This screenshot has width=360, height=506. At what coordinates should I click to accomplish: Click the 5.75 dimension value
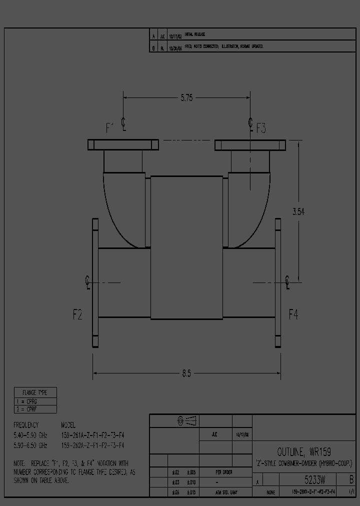[x=186, y=98]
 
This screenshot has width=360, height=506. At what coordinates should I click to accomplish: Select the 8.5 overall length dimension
[x=186, y=373]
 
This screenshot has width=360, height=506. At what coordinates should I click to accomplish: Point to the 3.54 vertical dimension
[x=298, y=211]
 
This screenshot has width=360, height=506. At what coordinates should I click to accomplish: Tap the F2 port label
[x=77, y=314]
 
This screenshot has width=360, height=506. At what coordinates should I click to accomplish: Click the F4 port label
[x=293, y=314]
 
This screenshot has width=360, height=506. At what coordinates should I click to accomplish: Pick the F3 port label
[x=261, y=128]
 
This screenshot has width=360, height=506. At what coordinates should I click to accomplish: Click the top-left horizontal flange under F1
[x=123, y=145]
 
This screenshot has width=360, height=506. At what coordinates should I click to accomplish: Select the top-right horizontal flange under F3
[x=250, y=145]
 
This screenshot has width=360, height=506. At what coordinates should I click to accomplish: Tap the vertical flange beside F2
[x=95, y=282]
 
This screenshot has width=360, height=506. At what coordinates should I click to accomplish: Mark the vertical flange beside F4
[x=277, y=282]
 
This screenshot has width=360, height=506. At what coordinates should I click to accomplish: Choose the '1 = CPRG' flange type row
[x=29, y=401]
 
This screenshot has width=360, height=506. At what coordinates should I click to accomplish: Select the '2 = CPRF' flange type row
[x=29, y=409]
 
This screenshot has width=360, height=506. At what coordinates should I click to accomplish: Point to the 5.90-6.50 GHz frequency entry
[x=30, y=445]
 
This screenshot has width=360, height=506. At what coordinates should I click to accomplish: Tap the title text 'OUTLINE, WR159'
[x=304, y=451]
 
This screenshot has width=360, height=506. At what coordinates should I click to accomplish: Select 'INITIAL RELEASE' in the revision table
[x=195, y=34]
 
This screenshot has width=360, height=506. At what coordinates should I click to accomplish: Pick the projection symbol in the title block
[x=187, y=421]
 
